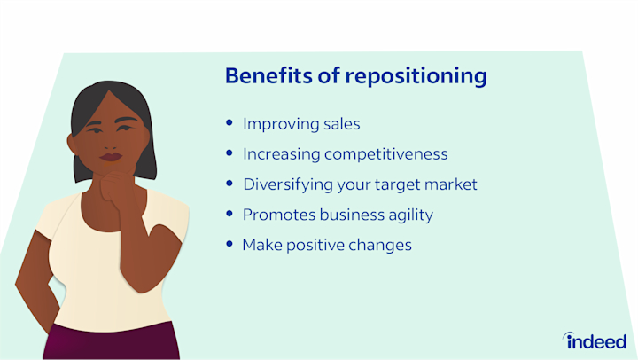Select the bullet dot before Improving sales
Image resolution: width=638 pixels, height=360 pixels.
coord(231,124)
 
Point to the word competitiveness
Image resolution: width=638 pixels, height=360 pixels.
coord(385,154)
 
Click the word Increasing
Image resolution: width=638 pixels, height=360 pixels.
coord(281,154)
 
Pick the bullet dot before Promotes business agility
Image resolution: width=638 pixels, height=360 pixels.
coord(231,215)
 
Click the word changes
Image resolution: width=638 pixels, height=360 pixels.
coord(380,245)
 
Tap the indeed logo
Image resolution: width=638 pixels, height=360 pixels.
coord(595,340)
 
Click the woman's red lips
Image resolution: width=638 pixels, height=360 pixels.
coord(111,158)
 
